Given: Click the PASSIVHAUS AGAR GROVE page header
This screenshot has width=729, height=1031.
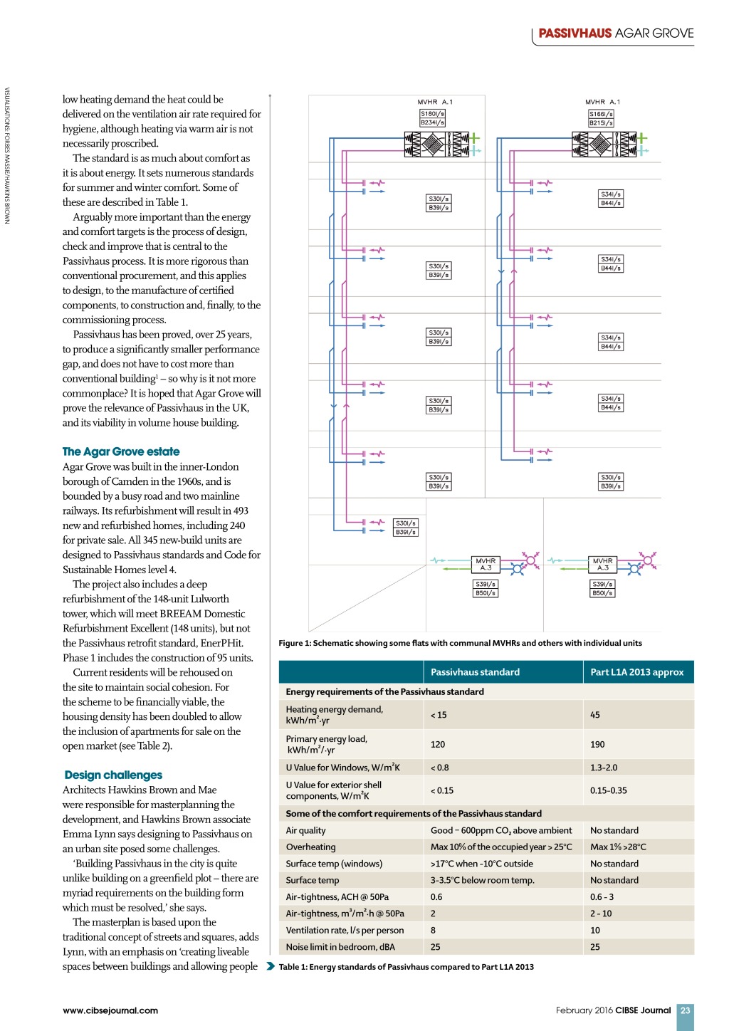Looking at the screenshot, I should tap(615, 33).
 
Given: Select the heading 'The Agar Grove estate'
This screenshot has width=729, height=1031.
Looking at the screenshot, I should tap(121, 451).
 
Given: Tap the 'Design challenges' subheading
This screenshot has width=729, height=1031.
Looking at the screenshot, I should tap(113, 775).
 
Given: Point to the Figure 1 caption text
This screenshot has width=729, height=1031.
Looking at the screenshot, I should tap(460, 643).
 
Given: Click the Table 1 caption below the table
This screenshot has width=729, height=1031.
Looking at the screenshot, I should tap(406, 967).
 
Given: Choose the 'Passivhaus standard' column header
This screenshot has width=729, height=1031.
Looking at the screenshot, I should tap(475, 672).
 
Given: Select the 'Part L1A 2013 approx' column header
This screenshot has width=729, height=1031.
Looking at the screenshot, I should tap(636, 672).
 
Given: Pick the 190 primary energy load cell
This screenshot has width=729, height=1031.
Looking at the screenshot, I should tap(597, 744).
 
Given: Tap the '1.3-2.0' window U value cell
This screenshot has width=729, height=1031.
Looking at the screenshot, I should tap(604, 768).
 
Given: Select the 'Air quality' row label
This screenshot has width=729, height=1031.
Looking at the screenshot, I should tap(305, 830).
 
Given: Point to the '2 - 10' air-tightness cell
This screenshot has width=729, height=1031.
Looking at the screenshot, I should tap(601, 914).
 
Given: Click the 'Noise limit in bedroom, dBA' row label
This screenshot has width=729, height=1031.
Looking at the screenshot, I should tap(340, 947).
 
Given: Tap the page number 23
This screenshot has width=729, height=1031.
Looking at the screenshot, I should tap(685, 1010).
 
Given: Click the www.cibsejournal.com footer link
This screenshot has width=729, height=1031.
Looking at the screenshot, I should tap(110, 1010).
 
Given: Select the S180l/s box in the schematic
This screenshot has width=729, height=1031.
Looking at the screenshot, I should tap(432, 114).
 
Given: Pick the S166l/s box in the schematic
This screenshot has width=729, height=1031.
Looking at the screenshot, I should tap(601, 114).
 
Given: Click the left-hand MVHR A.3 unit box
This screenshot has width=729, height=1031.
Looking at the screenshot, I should tap(486, 565).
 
